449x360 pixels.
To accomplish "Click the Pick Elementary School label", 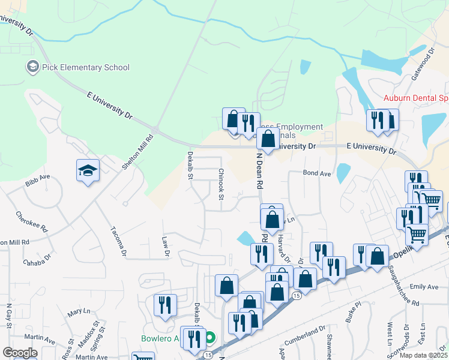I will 86,67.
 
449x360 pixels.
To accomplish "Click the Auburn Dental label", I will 416,97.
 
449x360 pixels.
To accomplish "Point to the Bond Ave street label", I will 317,173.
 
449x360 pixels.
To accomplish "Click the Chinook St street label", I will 221,184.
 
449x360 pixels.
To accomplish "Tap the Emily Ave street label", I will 424,287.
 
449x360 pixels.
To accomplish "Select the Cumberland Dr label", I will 310,334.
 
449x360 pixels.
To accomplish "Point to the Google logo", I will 20,353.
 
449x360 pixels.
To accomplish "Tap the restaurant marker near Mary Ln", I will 164,305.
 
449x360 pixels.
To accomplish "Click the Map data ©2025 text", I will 422,355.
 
